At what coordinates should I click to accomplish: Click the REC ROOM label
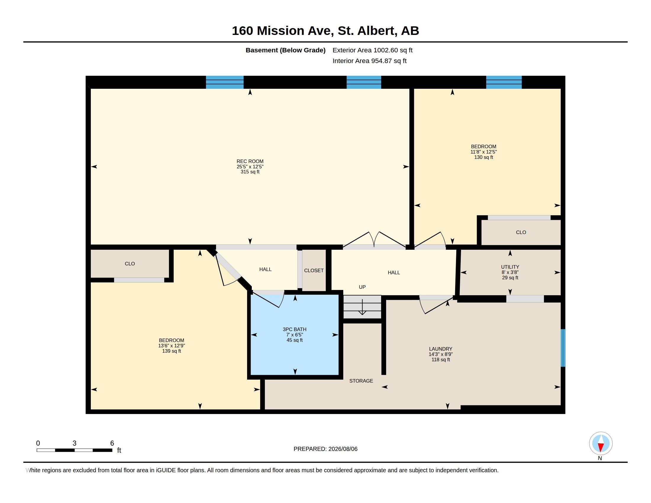(x=250, y=161)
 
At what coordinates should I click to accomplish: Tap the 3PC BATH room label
(x=294, y=329)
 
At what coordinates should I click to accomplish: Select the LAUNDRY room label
(x=441, y=349)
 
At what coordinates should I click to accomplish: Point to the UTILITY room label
(x=510, y=267)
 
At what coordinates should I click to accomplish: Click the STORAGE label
(x=361, y=381)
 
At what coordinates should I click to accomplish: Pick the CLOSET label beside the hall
(x=314, y=270)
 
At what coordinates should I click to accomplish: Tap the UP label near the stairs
(x=362, y=287)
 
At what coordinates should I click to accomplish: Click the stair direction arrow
(x=362, y=307)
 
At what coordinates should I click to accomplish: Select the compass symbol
(x=601, y=444)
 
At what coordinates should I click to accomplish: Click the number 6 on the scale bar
(x=112, y=443)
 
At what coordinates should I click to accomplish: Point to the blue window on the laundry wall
(x=563, y=348)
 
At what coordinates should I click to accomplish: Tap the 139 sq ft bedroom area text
(x=171, y=351)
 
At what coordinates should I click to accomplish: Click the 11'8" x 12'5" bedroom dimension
(x=484, y=152)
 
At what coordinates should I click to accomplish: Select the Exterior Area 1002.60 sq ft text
(x=372, y=50)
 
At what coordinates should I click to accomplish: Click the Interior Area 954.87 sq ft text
(x=369, y=61)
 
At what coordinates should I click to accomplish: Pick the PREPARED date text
(x=325, y=449)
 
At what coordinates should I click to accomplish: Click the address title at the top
(x=325, y=31)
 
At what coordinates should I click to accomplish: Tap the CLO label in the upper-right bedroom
(x=521, y=233)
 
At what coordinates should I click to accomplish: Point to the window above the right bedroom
(x=504, y=82)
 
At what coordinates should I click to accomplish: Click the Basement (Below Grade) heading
(x=285, y=50)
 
